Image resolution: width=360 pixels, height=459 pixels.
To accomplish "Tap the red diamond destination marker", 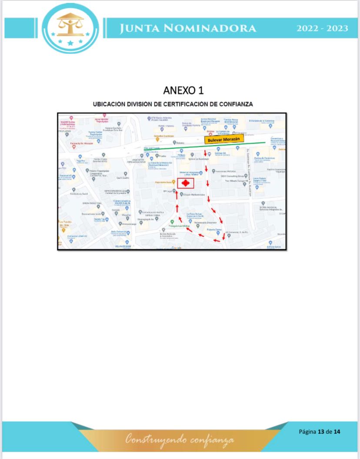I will (186, 184).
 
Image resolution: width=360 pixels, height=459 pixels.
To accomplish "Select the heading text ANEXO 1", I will (183, 90).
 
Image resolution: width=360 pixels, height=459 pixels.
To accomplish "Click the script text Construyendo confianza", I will (180, 439).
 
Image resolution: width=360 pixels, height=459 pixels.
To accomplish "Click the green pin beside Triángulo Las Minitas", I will (172, 222).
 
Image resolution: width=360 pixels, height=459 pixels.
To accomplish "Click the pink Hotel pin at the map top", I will (104, 116).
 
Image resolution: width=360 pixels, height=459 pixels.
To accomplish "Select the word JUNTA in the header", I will (138, 28).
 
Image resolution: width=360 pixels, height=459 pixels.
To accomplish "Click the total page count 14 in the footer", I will (337, 432).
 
